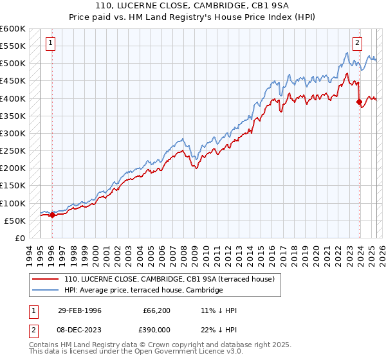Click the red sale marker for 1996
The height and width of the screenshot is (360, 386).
52,215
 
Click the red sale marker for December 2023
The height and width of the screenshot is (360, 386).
358,102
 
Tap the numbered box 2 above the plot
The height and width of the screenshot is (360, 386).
357,43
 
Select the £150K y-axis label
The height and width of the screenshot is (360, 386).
13,186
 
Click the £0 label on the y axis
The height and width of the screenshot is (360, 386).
19,238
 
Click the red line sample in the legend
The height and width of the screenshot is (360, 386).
44,279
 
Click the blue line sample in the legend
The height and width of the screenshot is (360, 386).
44,290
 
